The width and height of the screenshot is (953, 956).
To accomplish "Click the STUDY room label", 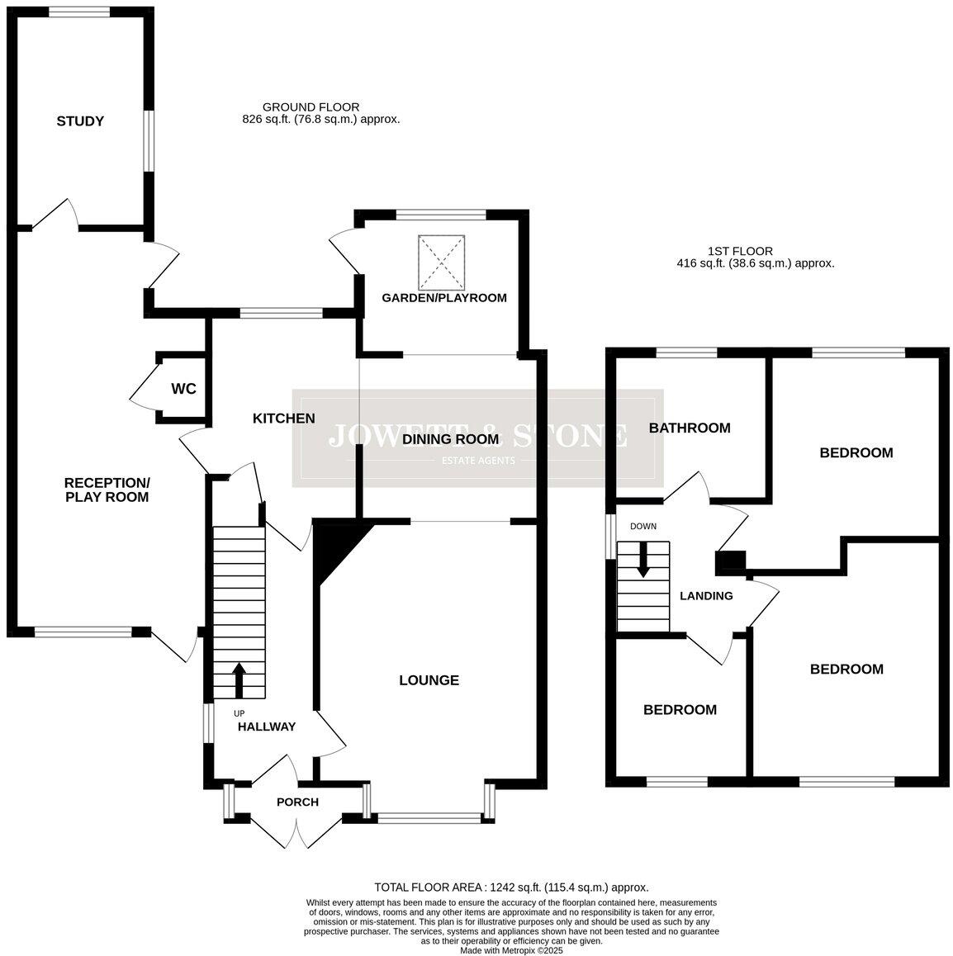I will pyautogui.click(x=80, y=121).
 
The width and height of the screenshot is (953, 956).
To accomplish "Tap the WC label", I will pyautogui.click(x=183, y=389).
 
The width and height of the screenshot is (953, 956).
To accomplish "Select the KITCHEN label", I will pyautogui.click(x=283, y=419).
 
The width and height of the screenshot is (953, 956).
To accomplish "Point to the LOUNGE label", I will pyautogui.click(x=429, y=680).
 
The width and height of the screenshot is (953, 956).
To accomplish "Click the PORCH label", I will pyautogui.click(x=297, y=802).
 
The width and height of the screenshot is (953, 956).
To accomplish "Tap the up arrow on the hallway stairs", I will pyautogui.click(x=239, y=680).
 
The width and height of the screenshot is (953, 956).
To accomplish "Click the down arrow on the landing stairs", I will pyautogui.click(x=642, y=559).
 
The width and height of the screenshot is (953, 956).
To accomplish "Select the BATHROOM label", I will pyautogui.click(x=689, y=428).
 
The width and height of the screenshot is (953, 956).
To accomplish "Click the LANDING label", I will pyautogui.click(x=705, y=596).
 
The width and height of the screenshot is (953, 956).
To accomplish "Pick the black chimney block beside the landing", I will pyautogui.click(x=728, y=562).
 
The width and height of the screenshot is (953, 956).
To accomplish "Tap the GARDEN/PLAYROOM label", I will pyautogui.click(x=443, y=298).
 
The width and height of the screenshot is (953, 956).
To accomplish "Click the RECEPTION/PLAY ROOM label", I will pyautogui.click(x=107, y=490).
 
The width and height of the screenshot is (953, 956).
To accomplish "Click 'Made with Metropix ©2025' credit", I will pyautogui.click(x=511, y=950).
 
